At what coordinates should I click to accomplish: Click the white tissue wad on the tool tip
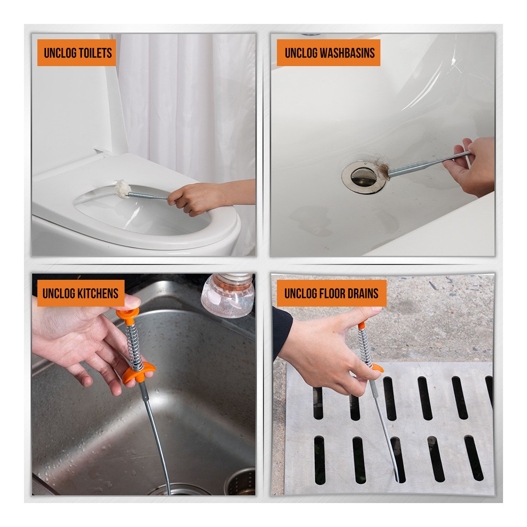tap(122, 189)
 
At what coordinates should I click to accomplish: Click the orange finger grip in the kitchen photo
tap(138, 373)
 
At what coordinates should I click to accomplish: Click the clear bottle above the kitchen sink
tap(228, 295)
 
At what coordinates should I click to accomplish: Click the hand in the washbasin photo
tap(470, 167)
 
